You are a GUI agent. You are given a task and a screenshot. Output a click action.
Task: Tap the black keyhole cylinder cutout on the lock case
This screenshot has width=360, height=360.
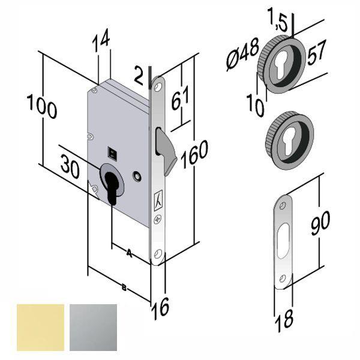point(112,185)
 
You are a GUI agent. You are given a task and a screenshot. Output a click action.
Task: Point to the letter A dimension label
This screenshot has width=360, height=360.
point(129,254)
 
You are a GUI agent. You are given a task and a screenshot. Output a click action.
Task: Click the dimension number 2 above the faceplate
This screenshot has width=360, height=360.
point(138,75)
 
